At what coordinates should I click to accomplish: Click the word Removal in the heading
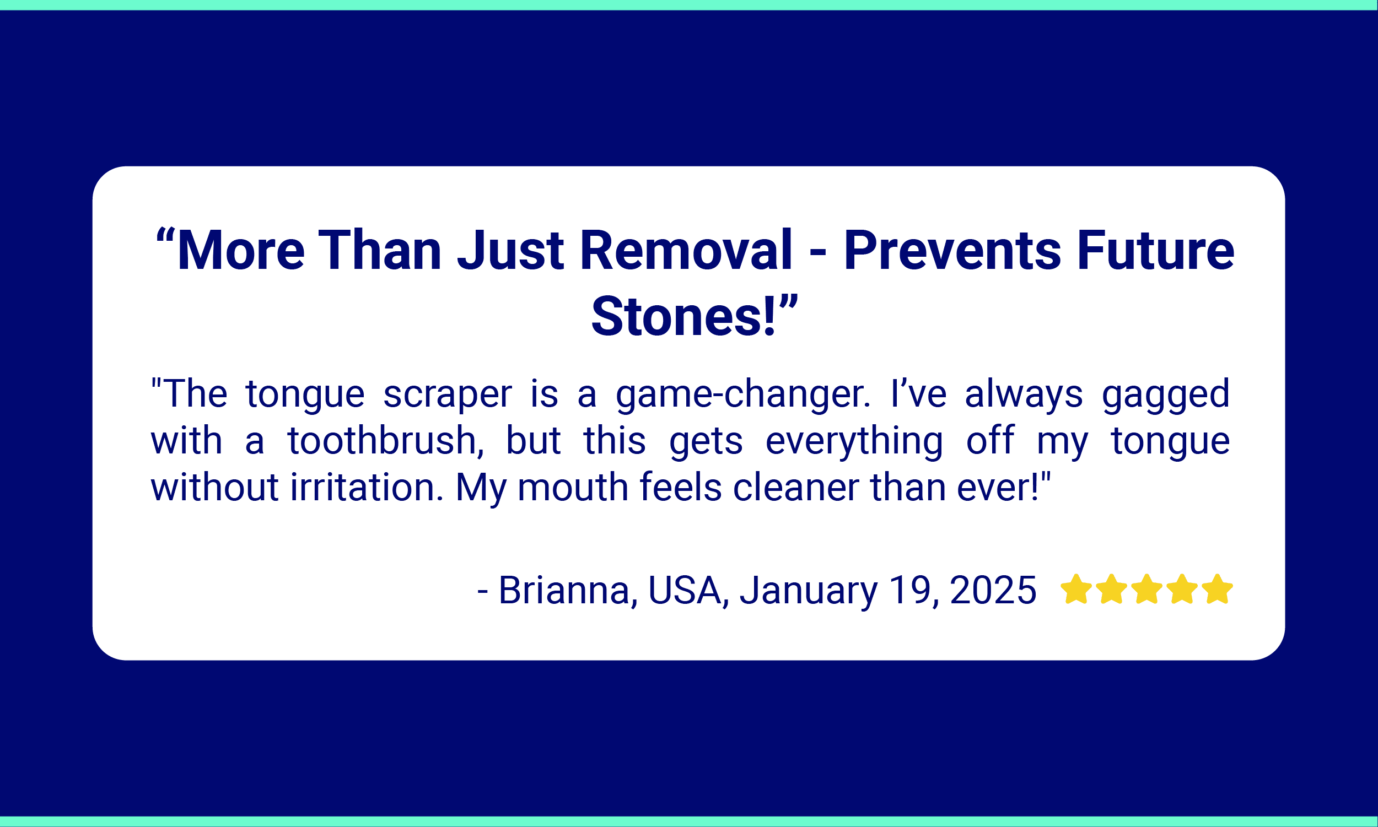[686, 250]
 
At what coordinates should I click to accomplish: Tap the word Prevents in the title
[952, 250]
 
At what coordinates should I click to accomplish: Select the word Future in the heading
[1155, 250]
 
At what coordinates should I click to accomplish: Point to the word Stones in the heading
[677, 317]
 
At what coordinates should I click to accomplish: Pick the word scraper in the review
[447, 394]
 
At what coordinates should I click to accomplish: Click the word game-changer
[742, 394]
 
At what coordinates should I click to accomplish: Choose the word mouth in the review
[573, 487]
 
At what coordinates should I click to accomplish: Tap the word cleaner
[796, 487]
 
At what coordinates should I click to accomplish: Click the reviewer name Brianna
[568, 590]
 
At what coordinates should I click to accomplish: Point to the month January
[808, 591]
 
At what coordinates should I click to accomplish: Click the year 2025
[993, 590]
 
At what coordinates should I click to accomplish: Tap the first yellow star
[1076, 589]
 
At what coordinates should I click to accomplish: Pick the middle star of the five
[1146, 589]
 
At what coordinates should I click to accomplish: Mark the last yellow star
[1217, 589]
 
